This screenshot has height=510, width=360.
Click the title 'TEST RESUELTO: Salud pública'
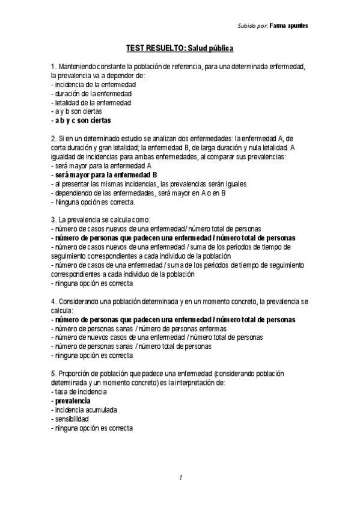[x=180, y=48]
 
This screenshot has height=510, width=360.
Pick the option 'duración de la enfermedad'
[x=93, y=94]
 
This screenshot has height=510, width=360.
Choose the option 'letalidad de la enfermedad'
[x=93, y=103]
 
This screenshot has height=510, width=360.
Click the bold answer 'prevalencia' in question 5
[x=73, y=401]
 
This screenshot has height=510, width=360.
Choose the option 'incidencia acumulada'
[x=85, y=410]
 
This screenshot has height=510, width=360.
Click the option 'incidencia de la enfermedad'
[x=94, y=85]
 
